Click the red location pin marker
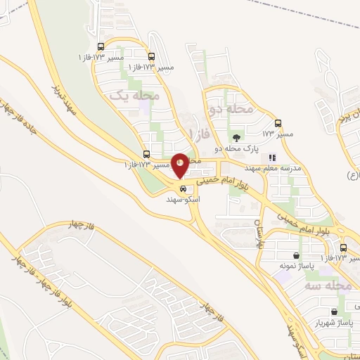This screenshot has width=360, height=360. click(180, 166)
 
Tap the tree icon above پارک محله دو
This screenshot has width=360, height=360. click(235, 139)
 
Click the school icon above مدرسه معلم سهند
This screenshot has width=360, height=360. click(273, 158)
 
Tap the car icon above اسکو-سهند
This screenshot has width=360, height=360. click(183, 188)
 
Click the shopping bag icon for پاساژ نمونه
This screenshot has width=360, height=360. click(297, 255)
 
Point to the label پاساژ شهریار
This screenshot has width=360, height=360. click(335, 323)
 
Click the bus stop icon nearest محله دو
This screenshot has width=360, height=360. click(279, 122)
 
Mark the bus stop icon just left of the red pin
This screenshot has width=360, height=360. click(146, 154)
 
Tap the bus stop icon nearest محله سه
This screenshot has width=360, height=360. click(343, 248)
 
